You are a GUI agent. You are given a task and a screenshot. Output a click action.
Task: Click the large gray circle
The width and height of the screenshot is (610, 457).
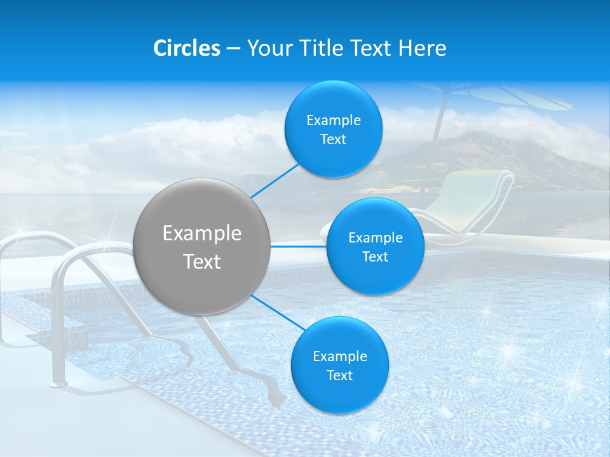(x=202, y=246)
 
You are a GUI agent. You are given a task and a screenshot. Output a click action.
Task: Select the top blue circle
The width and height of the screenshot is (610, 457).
(x=333, y=129)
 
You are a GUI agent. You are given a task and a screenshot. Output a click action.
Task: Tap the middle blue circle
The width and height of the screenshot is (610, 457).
(x=375, y=246)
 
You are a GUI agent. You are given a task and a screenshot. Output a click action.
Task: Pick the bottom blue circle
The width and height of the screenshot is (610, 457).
(x=339, y=365)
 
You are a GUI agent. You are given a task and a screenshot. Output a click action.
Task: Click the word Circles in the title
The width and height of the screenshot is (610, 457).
(x=187, y=48)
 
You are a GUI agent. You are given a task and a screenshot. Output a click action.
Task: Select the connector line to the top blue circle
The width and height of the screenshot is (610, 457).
(x=274, y=180)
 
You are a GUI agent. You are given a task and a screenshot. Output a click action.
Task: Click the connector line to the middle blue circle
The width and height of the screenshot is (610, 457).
(x=299, y=246)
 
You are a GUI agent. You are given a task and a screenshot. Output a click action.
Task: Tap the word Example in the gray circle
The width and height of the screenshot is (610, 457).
(x=202, y=233)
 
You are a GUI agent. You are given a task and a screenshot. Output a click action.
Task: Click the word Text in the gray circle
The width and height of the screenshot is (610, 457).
(x=202, y=261)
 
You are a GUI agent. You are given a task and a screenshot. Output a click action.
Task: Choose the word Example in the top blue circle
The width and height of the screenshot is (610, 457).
(x=333, y=120)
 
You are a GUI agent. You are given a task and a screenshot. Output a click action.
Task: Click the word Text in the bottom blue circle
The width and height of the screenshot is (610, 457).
(x=339, y=375)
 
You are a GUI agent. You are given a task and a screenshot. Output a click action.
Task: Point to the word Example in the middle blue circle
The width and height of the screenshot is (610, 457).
(x=375, y=237)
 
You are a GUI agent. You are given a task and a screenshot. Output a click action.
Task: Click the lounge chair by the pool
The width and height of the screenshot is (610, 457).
(x=470, y=203)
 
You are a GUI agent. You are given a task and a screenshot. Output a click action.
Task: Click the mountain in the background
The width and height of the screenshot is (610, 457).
(x=483, y=156)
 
